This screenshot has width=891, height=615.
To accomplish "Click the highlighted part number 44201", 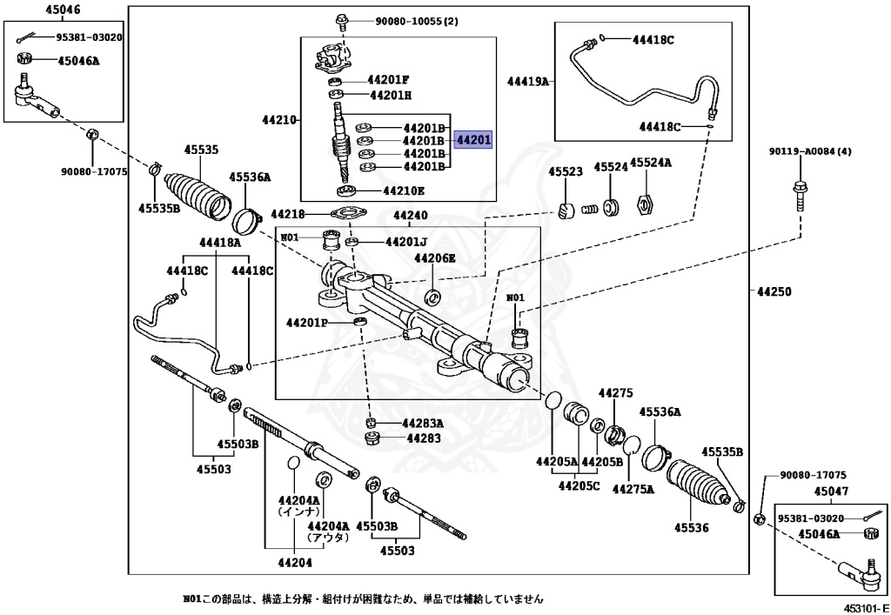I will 474,139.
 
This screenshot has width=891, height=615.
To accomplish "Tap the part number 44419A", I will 528,82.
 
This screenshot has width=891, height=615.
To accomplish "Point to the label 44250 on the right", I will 774,292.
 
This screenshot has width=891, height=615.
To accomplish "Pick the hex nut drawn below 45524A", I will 645,206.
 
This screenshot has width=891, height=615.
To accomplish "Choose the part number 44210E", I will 403,191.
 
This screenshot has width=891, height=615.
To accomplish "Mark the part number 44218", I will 288,214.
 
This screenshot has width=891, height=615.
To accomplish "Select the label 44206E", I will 434,258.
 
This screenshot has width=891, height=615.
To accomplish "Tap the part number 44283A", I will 422,424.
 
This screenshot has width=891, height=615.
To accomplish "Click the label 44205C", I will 579,485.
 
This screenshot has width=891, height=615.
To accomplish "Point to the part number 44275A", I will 633,489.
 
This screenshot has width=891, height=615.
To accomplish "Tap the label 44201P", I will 307,323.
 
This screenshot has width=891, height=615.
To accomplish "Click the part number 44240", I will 410,215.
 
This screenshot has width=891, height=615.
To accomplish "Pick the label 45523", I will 565,172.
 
